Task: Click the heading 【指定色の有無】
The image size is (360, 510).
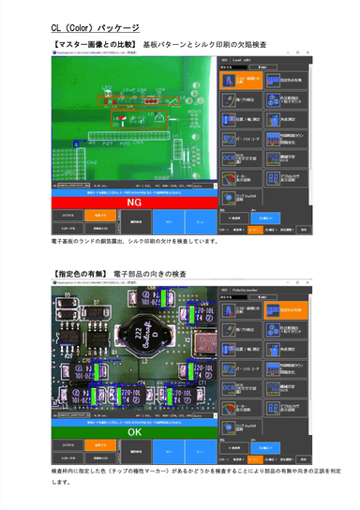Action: pyautogui.click(x=78, y=274)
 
